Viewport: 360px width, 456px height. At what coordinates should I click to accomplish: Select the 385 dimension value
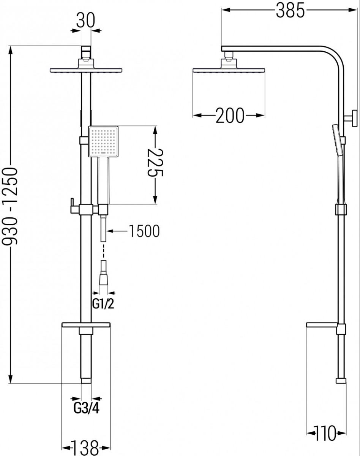point(291,11)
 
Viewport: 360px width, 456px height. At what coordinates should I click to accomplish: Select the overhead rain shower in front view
point(86,70)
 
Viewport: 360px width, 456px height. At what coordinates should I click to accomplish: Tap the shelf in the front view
point(86,326)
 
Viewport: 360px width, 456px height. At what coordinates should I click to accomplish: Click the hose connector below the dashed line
point(103,274)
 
